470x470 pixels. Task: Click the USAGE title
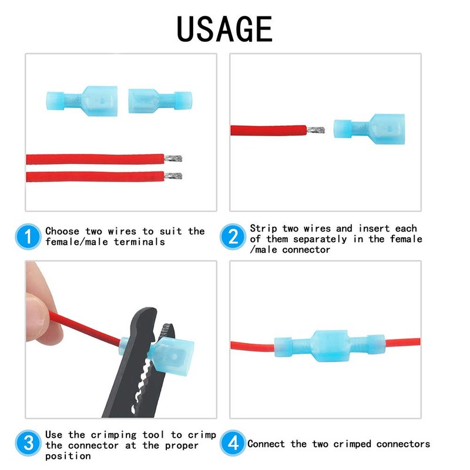click(224, 29)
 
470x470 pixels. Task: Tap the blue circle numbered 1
click(28, 237)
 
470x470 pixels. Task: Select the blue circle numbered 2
click(233, 237)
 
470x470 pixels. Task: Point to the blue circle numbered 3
click(28, 443)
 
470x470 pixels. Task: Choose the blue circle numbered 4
click(233, 443)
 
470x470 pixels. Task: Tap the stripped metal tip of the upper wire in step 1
click(173, 158)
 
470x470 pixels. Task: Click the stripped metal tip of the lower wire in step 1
click(173, 176)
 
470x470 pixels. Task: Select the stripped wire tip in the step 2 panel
click(315, 130)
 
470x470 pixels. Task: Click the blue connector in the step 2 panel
click(370, 129)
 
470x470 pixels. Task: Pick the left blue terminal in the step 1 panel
click(82, 101)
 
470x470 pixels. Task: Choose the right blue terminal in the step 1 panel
click(160, 100)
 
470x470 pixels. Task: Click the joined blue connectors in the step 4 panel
click(330, 346)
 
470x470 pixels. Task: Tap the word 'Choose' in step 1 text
click(62, 231)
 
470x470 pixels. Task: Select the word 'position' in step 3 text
click(68, 456)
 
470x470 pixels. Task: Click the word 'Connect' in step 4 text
click(266, 444)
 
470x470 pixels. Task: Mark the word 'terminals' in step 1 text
click(139, 241)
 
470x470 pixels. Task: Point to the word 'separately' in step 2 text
click(320, 239)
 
